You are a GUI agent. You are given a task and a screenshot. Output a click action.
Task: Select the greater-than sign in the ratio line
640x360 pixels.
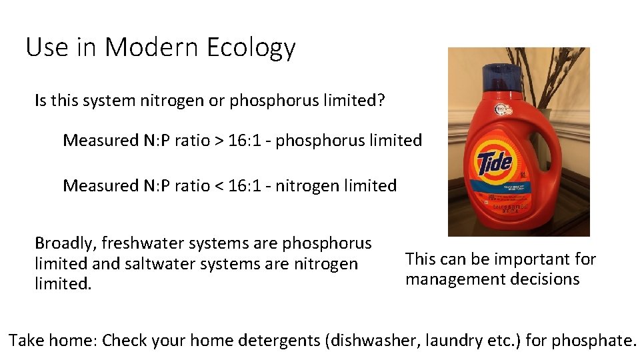[218, 141]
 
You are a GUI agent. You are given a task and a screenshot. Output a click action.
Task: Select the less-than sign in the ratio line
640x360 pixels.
[218, 185]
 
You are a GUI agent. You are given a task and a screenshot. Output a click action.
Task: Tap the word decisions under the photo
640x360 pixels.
[546, 279]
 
